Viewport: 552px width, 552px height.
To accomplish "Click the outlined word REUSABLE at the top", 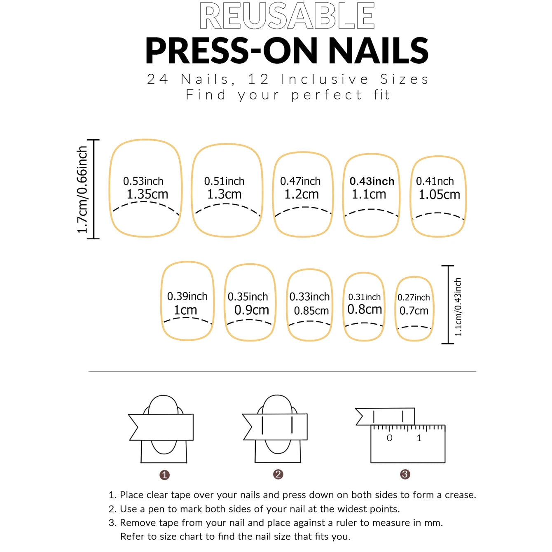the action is (287, 16).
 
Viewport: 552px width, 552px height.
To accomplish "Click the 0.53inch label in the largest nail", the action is (143, 181).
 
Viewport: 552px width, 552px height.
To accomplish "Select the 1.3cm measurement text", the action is (224, 194).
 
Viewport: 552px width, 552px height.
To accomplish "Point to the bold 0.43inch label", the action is (372, 181).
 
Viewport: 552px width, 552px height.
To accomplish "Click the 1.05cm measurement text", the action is (439, 195).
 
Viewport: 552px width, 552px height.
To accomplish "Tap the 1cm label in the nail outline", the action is (185, 310).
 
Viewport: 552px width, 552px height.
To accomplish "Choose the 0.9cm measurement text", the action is (252, 310).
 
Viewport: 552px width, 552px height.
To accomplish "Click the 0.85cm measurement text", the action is (311, 311).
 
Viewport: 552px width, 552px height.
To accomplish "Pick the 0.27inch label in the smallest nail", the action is (414, 297).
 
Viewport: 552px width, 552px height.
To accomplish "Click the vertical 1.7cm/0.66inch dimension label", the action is (82, 189).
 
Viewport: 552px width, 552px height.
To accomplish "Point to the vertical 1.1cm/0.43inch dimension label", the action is (458, 307).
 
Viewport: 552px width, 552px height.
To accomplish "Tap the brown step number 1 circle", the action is (164, 475).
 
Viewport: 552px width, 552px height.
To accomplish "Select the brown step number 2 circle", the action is (278, 475).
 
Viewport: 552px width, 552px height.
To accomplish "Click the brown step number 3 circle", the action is (405, 475).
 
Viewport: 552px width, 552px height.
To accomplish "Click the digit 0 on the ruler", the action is (390, 438).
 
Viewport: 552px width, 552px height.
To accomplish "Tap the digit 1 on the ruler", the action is (419, 438).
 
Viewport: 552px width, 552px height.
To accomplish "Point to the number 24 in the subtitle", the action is (157, 80).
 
